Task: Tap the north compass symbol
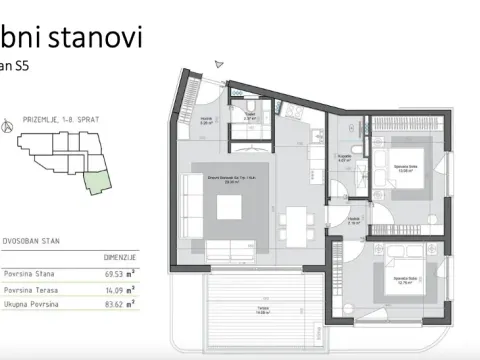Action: [9, 127]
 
